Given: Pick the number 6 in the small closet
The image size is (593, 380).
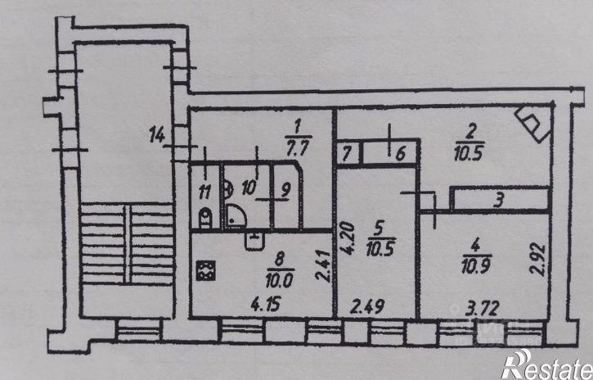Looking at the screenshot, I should click(x=401, y=153).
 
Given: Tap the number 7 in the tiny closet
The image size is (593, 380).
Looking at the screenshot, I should click(x=347, y=153).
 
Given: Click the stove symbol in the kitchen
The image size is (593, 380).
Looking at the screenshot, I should click(x=205, y=269).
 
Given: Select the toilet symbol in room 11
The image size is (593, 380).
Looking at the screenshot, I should click(x=205, y=217).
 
